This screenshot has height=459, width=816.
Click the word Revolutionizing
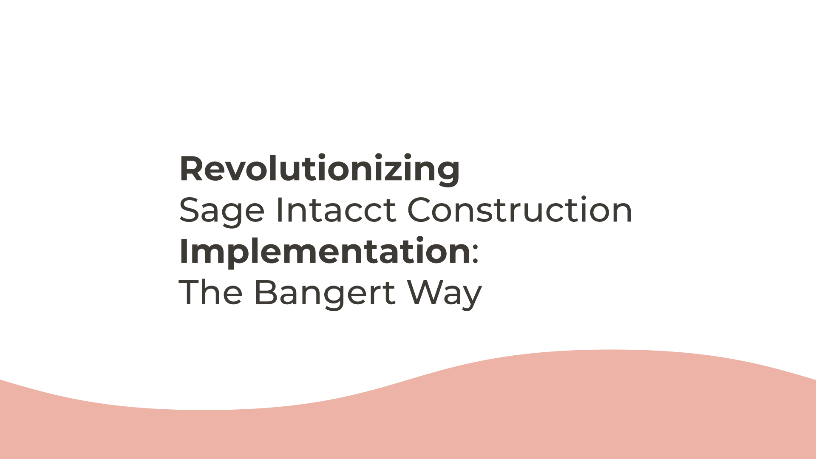(320, 169)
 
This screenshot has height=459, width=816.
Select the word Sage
(222, 210)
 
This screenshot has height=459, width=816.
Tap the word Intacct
(336, 210)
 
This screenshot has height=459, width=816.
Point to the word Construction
(520, 210)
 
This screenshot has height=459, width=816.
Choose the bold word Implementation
(325, 252)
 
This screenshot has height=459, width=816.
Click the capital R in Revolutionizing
(191, 169)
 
